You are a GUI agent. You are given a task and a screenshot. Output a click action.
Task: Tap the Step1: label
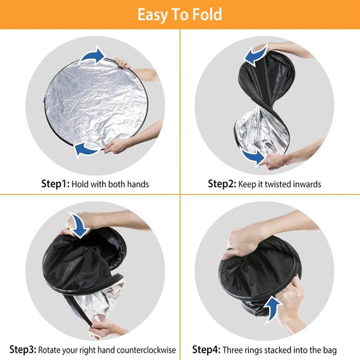pos(55,184)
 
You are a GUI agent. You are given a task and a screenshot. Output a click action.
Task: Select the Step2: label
pos(222,184)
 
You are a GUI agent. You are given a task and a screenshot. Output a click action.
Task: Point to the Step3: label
pos(23,349)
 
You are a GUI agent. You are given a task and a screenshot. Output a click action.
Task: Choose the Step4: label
pos(206,349)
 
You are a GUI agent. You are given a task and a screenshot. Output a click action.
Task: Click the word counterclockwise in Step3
pos(146,350)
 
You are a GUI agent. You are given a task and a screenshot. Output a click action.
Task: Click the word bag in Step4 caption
pos(330,350)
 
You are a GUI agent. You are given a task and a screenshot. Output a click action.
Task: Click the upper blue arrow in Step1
pos(92,56)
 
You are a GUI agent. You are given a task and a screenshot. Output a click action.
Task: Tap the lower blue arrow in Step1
pos(87,149)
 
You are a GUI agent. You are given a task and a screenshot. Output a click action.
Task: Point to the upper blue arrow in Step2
pos(256,55)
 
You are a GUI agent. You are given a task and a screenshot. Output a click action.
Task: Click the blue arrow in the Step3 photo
pos(79,225)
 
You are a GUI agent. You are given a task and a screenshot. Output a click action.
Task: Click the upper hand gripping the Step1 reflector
pos(122,63)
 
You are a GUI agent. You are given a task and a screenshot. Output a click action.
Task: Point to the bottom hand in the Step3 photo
pos(100,328)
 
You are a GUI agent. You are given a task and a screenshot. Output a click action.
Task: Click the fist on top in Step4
pos(241,244)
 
